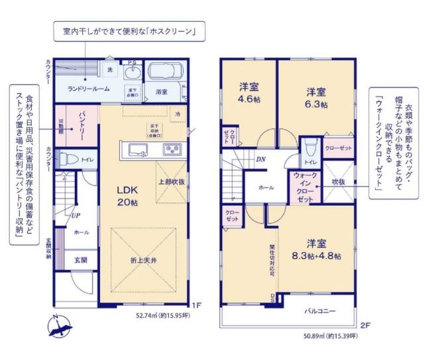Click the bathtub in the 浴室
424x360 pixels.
(166, 72)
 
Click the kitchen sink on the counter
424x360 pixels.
(140, 148)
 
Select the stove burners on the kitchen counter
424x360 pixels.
(171, 148)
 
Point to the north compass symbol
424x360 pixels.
(61, 326)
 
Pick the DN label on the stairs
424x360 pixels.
(261, 159)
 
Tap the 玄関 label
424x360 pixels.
(80, 259)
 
